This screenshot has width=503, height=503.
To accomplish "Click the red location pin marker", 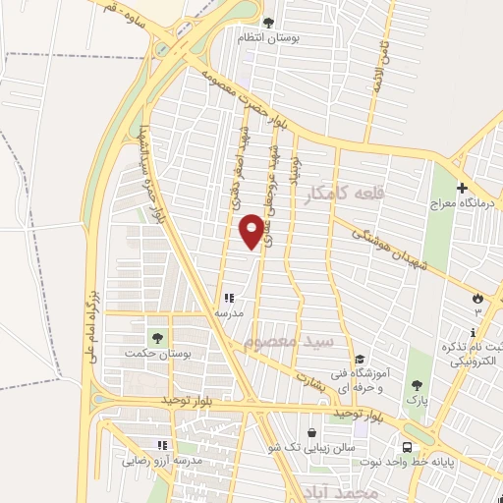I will click(251, 231).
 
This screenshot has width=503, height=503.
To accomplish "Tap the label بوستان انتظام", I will click(269, 37).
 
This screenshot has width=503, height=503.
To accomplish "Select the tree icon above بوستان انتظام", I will click(269, 22).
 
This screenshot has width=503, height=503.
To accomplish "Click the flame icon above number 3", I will click(477, 297).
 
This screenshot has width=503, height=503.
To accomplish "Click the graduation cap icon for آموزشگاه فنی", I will click(361, 360).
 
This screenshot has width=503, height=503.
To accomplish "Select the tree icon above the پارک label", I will click(417, 385).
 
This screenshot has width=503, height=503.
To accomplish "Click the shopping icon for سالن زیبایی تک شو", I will click(311, 432).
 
